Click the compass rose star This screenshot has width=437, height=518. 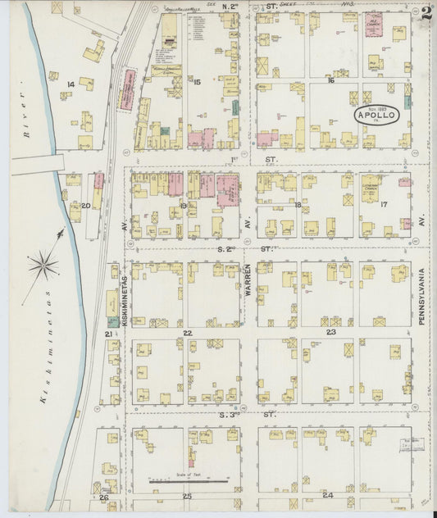[x=43, y=265]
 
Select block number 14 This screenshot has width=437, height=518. [x=71, y=84]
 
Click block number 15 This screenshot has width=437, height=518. [x=197, y=81]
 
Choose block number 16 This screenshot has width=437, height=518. [x=330, y=80]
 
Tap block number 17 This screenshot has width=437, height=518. [x=383, y=204]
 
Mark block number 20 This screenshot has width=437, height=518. [x=85, y=206]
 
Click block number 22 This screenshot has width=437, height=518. [x=187, y=333]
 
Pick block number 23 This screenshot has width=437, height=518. [x=330, y=333]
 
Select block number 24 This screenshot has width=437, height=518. [x=327, y=496]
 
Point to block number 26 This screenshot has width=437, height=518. [x=103, y=498]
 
